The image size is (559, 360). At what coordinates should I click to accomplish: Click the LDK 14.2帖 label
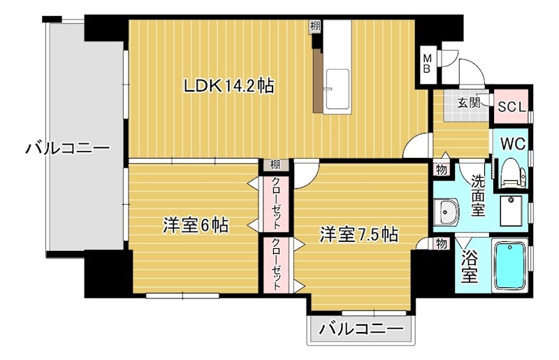pos(228,86)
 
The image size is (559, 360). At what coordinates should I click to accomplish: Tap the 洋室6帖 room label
pos(196,225)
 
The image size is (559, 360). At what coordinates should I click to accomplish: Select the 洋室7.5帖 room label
pos(359,233)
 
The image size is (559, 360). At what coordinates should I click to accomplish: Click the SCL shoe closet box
pos(513,107)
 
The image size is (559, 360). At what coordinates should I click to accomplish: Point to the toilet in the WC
pos(511,172)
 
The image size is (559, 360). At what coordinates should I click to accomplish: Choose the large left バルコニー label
pos(68,148)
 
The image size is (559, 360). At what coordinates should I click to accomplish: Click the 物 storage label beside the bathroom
pos(441,244)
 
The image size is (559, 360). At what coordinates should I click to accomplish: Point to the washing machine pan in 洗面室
pos(514,208)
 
